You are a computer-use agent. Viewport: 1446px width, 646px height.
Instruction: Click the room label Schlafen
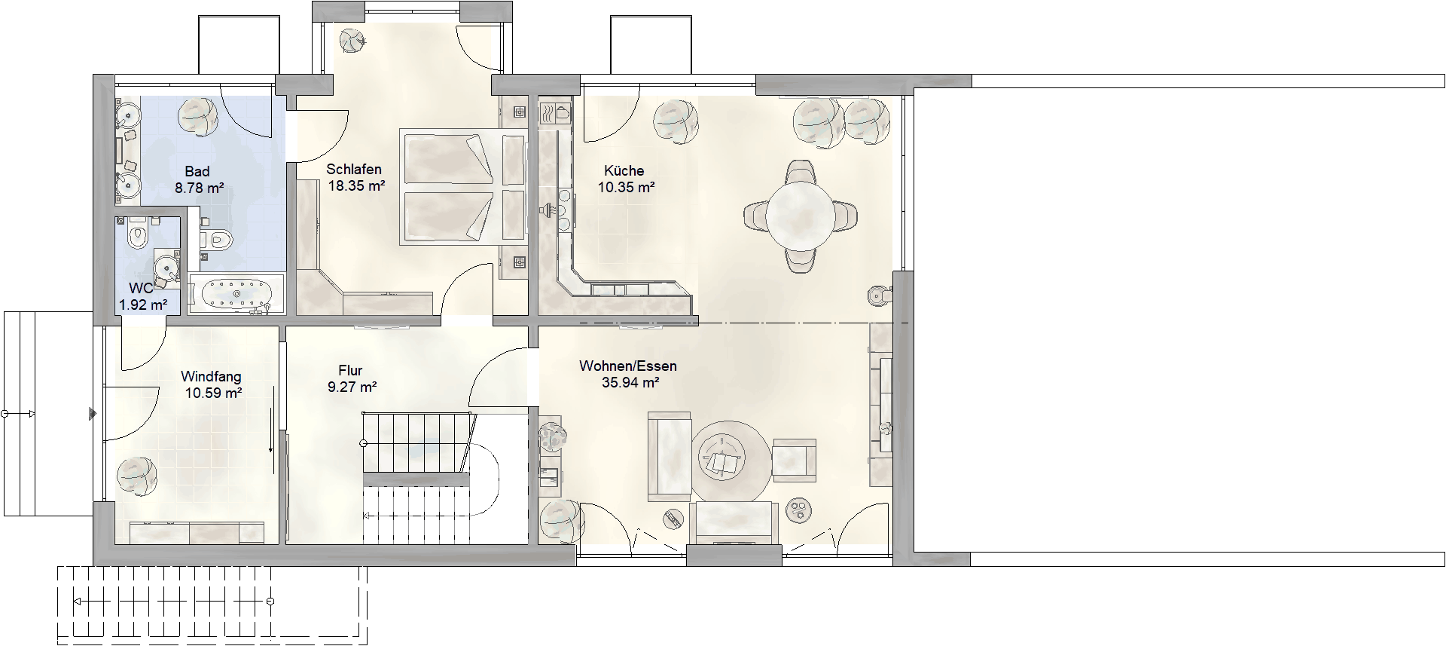354,170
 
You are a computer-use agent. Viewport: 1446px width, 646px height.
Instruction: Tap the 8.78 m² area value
200,188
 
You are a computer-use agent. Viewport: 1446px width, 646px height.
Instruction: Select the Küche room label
624,170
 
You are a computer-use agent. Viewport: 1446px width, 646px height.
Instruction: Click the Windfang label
212,376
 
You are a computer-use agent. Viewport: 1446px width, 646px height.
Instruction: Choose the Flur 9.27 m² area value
352,387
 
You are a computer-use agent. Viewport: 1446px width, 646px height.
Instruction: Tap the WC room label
141,289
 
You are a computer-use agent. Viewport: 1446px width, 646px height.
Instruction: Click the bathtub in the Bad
236,294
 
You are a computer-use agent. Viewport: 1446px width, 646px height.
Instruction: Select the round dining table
800,216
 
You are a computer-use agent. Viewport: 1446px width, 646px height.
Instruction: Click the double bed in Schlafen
464,186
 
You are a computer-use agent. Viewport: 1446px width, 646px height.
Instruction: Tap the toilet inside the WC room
136,234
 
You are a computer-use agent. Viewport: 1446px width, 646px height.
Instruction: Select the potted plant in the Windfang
137,476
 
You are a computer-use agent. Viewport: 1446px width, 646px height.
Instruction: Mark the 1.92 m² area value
143,305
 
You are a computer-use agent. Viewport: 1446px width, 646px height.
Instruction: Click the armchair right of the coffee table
794,459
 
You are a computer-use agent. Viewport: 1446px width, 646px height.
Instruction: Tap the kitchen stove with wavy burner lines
554,113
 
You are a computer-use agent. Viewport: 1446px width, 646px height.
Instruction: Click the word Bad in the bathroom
197,172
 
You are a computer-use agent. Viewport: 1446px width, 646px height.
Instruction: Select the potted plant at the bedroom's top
352,40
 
